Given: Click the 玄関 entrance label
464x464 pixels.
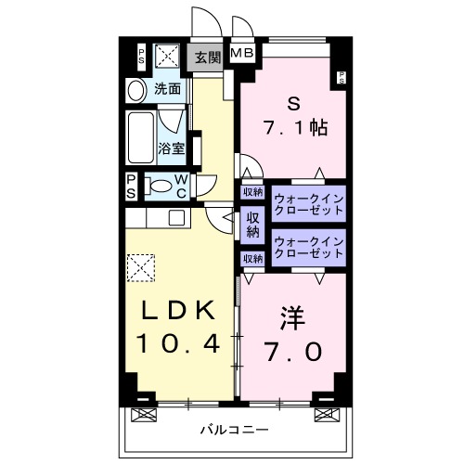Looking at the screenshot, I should (x=207, y=58).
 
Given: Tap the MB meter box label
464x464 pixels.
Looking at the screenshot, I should (x=242, y=53).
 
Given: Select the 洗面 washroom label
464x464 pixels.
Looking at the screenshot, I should (x=167, y=90).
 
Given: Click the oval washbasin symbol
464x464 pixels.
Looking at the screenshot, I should (x=136, y=90).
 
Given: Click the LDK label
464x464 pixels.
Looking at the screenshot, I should (x=179, y=311).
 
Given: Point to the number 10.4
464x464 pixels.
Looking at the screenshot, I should (x=179, y=344).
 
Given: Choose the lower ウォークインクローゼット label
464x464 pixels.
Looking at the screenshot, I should (x=308, y=250).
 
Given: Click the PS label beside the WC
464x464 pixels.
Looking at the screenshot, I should (x=131, y=185).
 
